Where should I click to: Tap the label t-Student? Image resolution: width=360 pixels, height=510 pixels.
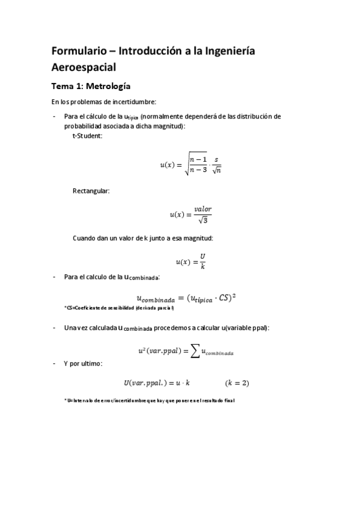pos(87,135)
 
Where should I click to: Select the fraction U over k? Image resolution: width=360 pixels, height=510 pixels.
pos(203,261)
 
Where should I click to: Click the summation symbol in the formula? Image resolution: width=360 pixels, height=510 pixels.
pos(195,351)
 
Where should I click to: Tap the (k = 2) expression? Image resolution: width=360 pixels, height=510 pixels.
pos(237,382)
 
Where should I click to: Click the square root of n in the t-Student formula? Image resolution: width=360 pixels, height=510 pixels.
pos(216,170)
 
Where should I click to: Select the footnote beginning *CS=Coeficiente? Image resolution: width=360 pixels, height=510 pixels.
pos(118,308)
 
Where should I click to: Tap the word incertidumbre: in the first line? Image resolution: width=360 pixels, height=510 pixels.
pos(135,102)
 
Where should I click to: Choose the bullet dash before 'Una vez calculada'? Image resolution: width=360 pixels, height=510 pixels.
pos(55,328)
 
